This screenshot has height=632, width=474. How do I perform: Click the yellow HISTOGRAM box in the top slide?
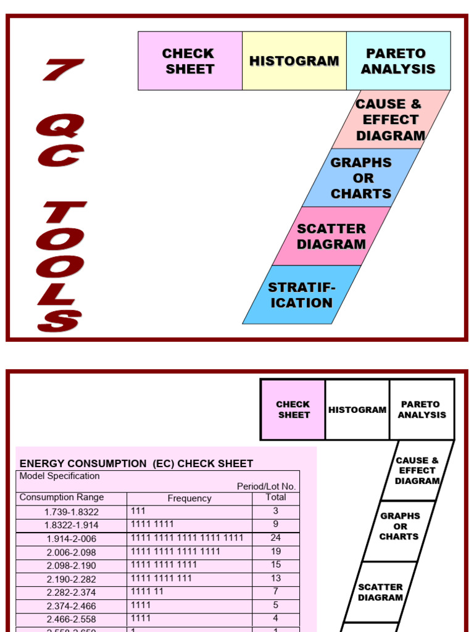[294, 61]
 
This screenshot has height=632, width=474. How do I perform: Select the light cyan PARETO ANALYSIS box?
[398, 61]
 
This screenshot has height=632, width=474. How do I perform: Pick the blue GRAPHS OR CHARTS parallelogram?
[361, 178]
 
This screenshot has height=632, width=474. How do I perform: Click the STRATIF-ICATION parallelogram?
[301, 295]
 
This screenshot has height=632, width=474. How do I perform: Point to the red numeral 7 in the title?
[64, 70]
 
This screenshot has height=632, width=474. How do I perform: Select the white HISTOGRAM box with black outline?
[357, 410]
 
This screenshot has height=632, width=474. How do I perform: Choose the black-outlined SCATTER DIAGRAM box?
[380, 592]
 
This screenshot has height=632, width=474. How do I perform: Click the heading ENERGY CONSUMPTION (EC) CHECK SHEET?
[136, 464]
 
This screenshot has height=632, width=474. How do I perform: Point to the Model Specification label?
[59, 476]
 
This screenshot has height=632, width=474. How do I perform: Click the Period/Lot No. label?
[266, 486]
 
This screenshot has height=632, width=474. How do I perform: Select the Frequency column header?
[189, 498]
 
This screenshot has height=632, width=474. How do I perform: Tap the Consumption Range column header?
[62, 497]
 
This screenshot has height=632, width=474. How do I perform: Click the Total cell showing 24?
[276, 538]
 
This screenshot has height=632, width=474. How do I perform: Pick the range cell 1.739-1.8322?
[72, 512]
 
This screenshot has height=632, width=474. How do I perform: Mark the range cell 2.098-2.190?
[72, 565]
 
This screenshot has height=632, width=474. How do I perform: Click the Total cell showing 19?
[276, 552]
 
